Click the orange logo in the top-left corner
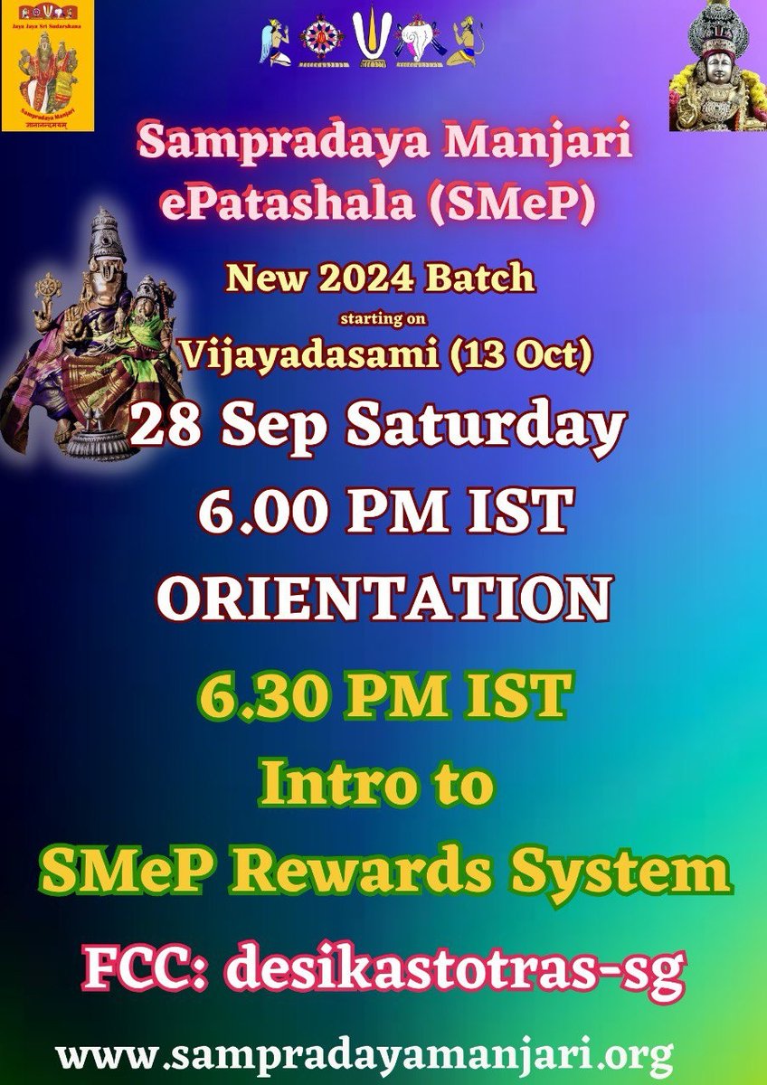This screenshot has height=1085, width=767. pos(34,65)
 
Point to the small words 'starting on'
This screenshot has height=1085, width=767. pos(382,318)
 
